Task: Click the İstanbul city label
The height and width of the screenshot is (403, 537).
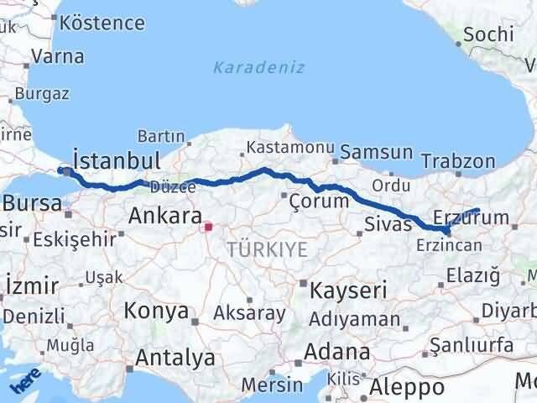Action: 117,160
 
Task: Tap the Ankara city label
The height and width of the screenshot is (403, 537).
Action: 164,216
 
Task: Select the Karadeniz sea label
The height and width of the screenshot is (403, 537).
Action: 258,67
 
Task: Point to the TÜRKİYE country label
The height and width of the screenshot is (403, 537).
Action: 268,248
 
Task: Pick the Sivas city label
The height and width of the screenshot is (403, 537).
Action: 388,223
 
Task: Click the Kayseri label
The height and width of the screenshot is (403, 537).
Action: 348,290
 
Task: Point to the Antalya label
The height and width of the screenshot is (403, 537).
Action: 175,358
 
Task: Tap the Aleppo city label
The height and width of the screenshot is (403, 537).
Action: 406,387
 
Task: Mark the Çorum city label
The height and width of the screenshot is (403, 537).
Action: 318,201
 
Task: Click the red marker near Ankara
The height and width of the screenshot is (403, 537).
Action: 209,225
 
